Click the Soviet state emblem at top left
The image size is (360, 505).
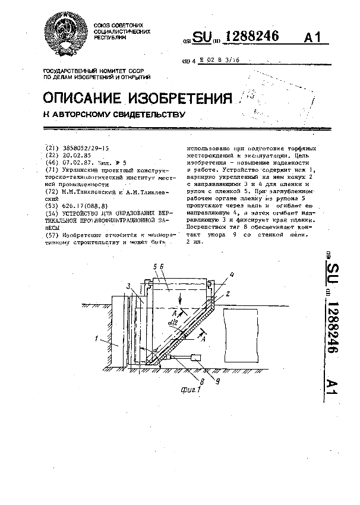[x=65, y=35]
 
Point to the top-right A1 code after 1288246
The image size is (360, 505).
[x=314, y=37]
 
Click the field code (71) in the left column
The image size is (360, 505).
[x=52, y=169]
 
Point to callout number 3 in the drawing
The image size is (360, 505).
[x=128, y=286]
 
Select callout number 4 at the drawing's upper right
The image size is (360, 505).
[x=232, y=274]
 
